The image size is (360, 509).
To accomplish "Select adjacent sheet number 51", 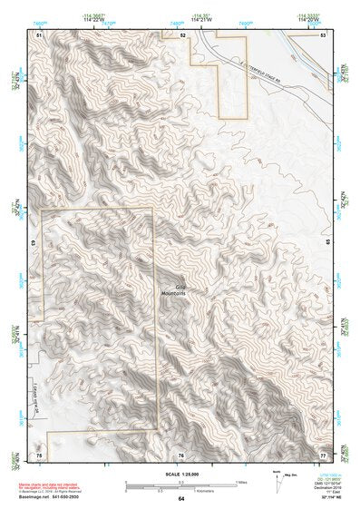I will pyautogui.click(x=40, y=34).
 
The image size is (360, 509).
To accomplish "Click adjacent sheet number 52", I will pyautogui.click(x=181, y=34).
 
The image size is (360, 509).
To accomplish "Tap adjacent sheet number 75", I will pyautogui.click(x=40, y=453).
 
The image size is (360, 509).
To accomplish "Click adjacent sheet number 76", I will pyautogui.click(x=181, y=453).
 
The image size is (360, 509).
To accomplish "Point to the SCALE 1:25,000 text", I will pyautogui.click(x=180, y=472).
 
